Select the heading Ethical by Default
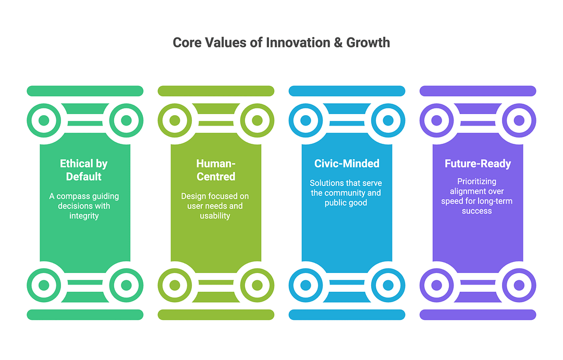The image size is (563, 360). click(84, 170)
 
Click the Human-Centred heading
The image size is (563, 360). click(216, 170)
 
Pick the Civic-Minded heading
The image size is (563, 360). click(347, 164)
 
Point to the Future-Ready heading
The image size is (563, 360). click(478, 164)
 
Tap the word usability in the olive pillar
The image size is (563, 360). click(215, 216)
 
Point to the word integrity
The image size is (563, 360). click(84, 216)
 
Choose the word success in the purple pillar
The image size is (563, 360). click(477, 211)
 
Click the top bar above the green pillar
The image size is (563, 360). click(85, 91)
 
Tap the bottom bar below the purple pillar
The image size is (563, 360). click(478, 315)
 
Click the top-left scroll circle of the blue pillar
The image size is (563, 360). click(306, 120)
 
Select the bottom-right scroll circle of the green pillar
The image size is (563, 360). click(126, 285)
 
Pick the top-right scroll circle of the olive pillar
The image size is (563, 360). click(256, 120)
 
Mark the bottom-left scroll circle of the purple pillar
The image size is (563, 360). click(437, 285)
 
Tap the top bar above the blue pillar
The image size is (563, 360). click(347, 91)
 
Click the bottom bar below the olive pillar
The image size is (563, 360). click(216, 315)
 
